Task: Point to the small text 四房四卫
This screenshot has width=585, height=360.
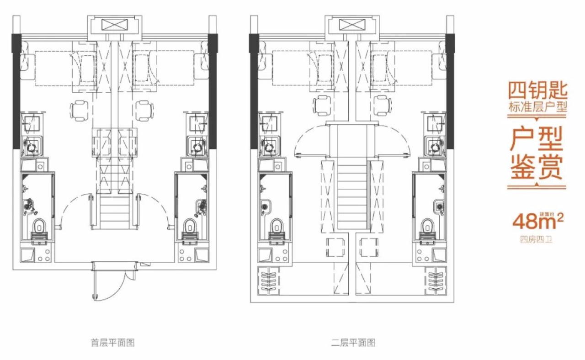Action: [x=536, y=238]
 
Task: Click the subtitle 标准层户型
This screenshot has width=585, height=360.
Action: [x=537, y=108]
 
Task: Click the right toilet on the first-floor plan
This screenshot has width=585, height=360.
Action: [x=190, y=225]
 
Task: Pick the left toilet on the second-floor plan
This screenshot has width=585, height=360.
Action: [x=276, y=225]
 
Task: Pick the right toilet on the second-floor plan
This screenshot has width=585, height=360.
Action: [x=427, y=225]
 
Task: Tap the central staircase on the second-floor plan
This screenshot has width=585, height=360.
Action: [x=352, y=196]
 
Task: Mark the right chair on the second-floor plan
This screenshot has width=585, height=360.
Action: [x=382, y=106]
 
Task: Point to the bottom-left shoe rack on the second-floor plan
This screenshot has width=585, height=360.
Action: [x=268, y=280]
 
